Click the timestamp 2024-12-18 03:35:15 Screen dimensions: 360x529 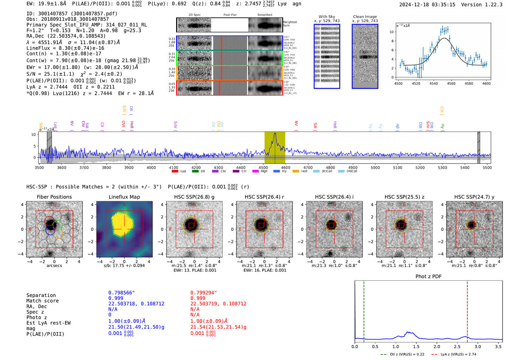427,5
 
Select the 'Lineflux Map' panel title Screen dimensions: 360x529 124,197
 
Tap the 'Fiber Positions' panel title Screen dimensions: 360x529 54,197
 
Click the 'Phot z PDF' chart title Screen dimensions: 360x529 428,277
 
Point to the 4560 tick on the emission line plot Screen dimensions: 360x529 451,83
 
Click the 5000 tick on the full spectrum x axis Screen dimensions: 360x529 375,167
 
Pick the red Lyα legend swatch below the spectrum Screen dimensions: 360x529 175,171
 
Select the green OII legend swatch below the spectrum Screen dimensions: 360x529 195,171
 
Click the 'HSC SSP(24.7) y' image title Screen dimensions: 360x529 474,197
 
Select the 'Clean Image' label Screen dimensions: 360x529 365,17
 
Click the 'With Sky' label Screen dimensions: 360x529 327,17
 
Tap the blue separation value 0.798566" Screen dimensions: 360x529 121,293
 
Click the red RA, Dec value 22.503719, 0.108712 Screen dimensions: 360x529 218,304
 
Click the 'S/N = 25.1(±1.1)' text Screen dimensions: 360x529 50,74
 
